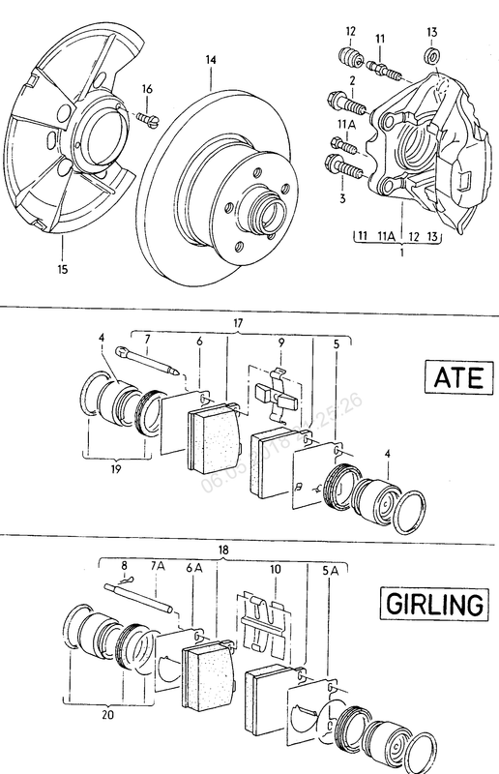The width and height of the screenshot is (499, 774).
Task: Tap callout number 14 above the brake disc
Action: [209, 60]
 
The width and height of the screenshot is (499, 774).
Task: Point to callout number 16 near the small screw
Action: [148, 89]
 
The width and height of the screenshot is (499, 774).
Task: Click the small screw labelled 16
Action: [148, 118]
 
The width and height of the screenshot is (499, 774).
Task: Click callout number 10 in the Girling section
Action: [276, 572]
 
